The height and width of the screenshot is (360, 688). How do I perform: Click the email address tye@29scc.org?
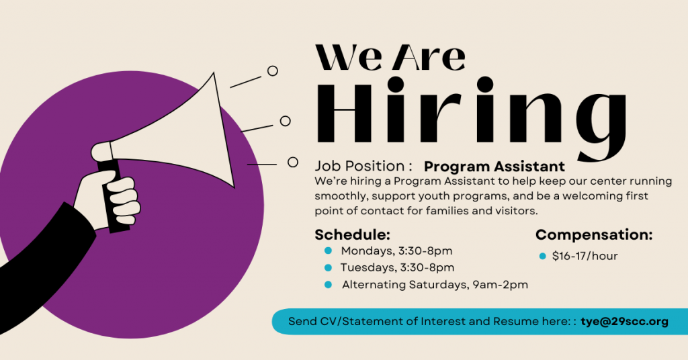pyautogui.click(x=624, y=322)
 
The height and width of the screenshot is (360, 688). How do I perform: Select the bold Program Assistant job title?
pyautogui.click(x=494, y=167)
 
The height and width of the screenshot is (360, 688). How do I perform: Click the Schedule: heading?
pyautogui.click(x=352, y=234)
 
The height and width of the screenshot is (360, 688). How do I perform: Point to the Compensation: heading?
pyautogui.click(x=594, y=235)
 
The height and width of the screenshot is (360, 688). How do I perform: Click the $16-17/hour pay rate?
pyautogui.click(x=585, y=256)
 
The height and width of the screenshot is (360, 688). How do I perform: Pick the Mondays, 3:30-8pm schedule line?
pyautogui.click(x=396, y=251)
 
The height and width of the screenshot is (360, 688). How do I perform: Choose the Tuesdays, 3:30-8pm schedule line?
pyautogui.click(x=398, y=267)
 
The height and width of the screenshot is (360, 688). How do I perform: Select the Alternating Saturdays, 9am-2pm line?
pyautogui.click(x=435, y=285)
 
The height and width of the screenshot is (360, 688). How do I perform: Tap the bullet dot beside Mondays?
pyautogui.click(x=328, y=251)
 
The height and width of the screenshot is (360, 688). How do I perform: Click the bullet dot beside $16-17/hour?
pyautogui.click(x=542, y=256)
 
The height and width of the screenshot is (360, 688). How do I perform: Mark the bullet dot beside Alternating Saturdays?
pyautogui.click(x=328, y=285)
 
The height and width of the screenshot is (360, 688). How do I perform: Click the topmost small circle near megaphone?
pyautogui.click(x=273, y=71)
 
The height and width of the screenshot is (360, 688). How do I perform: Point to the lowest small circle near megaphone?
pyautogui.click(x=293, y=163)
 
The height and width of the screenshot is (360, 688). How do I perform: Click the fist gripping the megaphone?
pyautogui.click(x=109, y=199)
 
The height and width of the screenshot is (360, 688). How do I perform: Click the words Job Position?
pyautogui.click(x=359, y=166)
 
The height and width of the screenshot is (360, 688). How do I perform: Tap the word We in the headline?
pyautogui.click(x=349, y=58)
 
